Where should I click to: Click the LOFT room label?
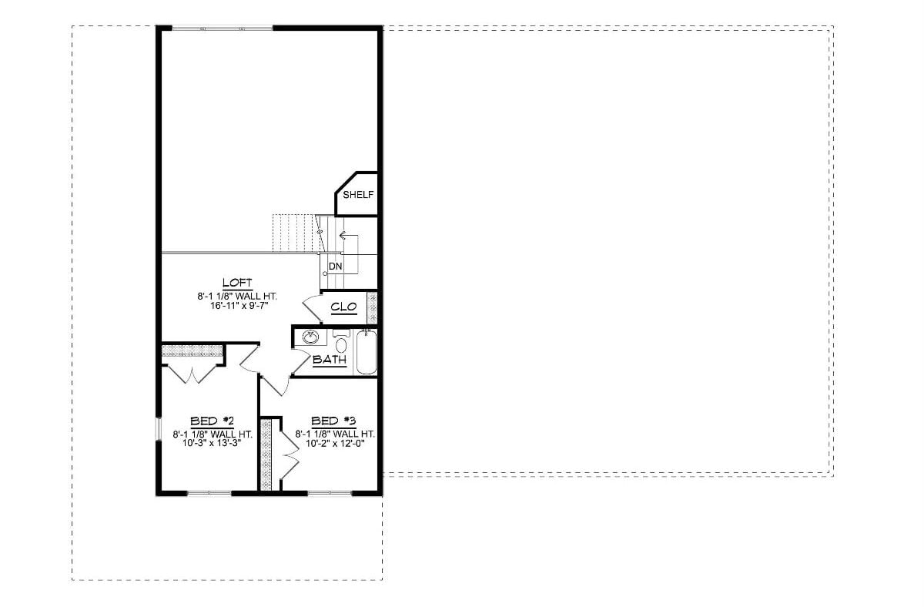237,283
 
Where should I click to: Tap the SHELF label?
358,195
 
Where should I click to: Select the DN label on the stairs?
335,267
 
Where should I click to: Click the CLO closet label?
343,307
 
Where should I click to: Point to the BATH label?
330,360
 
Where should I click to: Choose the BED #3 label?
333,421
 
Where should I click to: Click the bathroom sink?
311,337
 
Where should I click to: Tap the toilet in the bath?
341,343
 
